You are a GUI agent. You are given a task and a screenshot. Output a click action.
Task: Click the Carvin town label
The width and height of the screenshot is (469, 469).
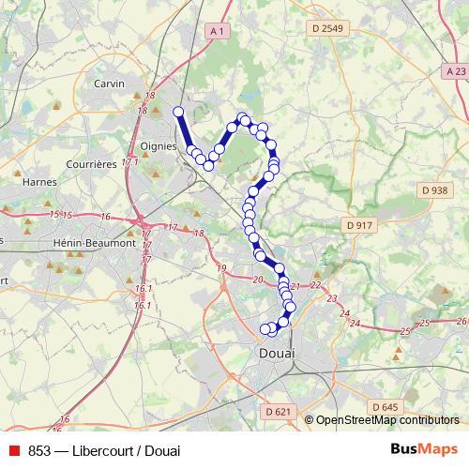click(x=110, y=83)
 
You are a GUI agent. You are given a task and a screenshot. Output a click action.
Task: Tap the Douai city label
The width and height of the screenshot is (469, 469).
click(x=275, y=353)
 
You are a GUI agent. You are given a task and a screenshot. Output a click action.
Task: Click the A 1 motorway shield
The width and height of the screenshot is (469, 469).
click(x=219, y=31)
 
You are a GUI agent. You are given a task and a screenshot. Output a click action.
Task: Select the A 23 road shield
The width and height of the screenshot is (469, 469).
click(x=456, y=71)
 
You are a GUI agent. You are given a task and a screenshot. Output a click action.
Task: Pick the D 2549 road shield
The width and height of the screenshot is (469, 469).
click(x=326, y=30)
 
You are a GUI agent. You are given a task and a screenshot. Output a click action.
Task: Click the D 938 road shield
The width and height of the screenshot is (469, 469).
click(x=433, y=190)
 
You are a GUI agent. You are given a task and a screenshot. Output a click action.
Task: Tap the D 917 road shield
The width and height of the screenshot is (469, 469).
click(x=359, y=225)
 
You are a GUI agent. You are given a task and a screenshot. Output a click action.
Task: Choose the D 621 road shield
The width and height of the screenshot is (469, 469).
click(x=279, y=411)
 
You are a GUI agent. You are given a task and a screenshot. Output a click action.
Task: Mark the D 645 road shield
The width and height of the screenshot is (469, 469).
click(x=385, y=407)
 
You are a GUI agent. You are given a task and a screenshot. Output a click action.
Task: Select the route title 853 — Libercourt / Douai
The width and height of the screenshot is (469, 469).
click(x=91, y=449)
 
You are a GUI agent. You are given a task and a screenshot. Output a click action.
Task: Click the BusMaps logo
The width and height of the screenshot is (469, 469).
click(x=424, y=449)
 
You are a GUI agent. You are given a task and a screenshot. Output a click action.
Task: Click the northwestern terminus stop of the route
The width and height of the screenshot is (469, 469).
click(x=177, y=113)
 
